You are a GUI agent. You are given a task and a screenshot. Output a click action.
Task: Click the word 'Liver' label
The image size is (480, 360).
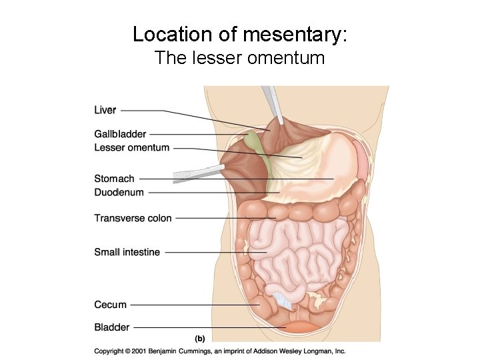[x=105, y=110]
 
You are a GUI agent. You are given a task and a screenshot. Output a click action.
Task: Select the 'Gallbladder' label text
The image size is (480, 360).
[x=120, y=134]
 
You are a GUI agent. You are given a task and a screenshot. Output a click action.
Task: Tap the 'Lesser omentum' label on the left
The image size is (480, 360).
[x=132, y=147]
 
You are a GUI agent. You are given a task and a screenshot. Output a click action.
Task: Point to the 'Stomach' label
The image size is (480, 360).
[x=114, y=179]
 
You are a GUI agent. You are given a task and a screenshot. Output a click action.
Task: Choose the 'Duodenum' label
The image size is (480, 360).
[x=119, y=193]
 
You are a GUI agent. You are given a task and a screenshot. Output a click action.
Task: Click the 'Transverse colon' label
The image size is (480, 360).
[x=133, y=218]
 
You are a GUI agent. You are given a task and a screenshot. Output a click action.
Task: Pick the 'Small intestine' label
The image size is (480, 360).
[x=127, y=252]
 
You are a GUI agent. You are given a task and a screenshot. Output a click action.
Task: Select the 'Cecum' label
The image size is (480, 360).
[x=110, y=305]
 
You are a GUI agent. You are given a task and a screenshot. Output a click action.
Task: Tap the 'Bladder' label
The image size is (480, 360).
[x=111, y=327]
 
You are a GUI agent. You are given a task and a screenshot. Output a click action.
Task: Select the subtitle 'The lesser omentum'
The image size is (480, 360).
[x=239, y=58]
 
